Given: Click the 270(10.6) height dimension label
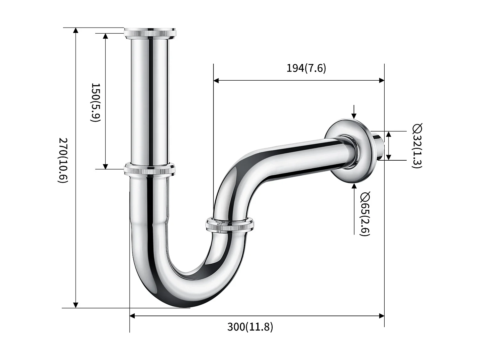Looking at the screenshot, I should click(x=63, y=160).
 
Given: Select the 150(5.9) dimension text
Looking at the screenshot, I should click(x=96, y=102).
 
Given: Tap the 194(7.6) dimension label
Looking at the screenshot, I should click(x=306, y=68).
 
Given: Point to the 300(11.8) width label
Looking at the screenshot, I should click(x=250, y=327).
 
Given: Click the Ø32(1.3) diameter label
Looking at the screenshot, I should click(x=417, y=146).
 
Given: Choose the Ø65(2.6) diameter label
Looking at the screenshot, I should click(x=365, y=214).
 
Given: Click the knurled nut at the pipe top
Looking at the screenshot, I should click(x=150, y=33).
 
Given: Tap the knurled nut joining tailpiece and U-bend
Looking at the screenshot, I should click(x=150, y=170).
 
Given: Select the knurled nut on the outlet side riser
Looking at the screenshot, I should click(x=230, y=224).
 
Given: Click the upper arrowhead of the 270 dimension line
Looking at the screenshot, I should click(x=76, y=31).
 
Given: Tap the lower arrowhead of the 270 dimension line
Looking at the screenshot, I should click(x=76, y=305).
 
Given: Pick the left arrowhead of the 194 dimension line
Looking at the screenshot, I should click(x=216, y=80).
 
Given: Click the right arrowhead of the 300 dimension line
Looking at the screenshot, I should click(x=381, y=316).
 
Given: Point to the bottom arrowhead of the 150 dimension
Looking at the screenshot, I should click(x=106, y=166).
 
